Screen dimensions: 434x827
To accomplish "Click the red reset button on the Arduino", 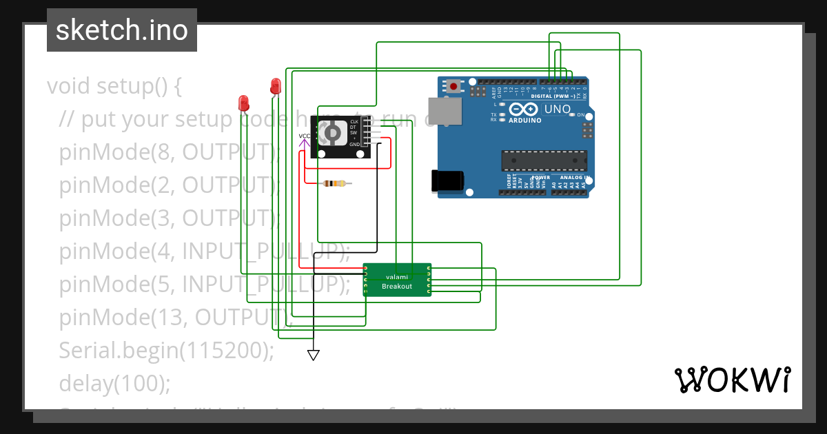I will (x=454, y=87).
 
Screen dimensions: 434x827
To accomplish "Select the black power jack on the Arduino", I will (x=446, y=180).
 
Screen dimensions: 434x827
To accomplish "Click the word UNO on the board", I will (x=558, y=109).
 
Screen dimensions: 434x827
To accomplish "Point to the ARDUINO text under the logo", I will (x=524, y=120).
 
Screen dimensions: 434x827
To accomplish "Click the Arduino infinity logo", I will (x=523, y=109).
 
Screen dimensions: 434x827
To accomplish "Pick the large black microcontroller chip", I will (x=544, y=160).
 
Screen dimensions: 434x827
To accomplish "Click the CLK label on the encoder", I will (x=354, y=122).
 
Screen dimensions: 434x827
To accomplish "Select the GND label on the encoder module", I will (x=354, y=145).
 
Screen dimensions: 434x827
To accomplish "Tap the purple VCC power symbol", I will (x=304, y=137).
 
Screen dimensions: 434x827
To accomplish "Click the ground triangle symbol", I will (x=314, y=355).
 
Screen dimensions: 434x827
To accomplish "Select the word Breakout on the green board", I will (x=397, y=286).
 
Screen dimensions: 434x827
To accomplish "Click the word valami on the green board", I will (x=397, y=277).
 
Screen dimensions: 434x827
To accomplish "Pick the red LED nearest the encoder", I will (x=276, y=86).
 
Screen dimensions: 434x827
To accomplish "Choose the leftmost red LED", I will (x=243, y=103).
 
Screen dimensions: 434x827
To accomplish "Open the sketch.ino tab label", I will (x=122, y=30).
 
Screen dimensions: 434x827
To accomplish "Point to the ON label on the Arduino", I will (x=580, y=114).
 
